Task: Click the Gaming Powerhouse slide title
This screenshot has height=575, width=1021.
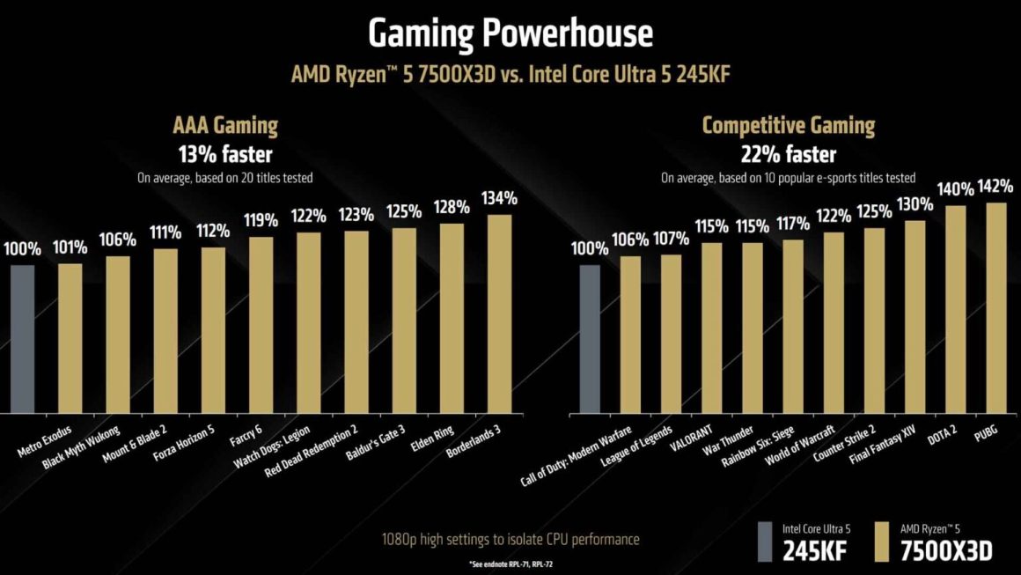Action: pos(510,33)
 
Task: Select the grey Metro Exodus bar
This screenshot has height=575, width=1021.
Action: pos(22,338)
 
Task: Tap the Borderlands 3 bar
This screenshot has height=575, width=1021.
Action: pos(499,313)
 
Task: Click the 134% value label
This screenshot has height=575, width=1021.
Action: pos(499,198)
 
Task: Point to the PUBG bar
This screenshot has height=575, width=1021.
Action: pos(996,307)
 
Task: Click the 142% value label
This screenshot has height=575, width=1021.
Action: pos(996,187)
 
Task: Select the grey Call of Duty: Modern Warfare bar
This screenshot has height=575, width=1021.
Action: pos(590,338)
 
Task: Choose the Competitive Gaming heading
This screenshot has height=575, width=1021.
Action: pos(788,126)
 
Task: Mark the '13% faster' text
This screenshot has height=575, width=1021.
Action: pos(226,155)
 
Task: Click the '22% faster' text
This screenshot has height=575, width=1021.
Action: pos(788,155)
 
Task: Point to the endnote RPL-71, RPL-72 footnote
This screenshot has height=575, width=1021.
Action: pos(510,563)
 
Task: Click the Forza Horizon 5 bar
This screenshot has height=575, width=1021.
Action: pos(213,330)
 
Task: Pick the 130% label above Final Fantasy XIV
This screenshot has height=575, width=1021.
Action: pos(915,204)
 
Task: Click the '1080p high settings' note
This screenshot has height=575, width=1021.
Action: pos(510,539)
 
